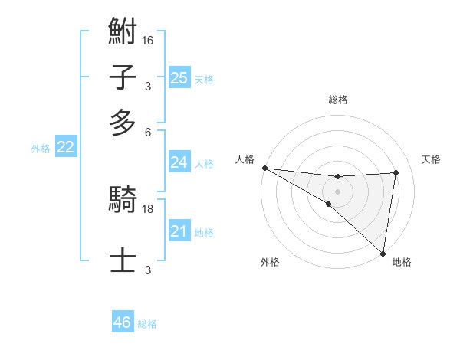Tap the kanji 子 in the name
pyautogui.click(x=123, y=79)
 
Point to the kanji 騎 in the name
pyautogui.click(x=123, y=201)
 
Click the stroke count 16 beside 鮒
pyautogui.click(x=148, y=40)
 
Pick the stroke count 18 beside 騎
pyautogui.click(x=148, y=208)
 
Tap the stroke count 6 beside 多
pyautogui.click(x=148, y=132)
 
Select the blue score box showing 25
pyautogui.click(x=179, y=77)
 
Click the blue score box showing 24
pyautogui.click(x=179, y=162)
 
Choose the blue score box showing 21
pyautogui.click(x=179, y=231)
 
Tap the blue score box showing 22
pyautogui.click(x=65, y=147)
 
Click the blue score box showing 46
pyautogui.click(x=122, y=322)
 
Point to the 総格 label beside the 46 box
pyautogui.click(x=147, y=324)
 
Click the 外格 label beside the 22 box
pyautogui.click(x=40, y=149)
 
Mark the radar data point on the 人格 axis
pyautogui.click(x=264, y=168)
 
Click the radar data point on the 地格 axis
pyautogui.click(x=383, y=252)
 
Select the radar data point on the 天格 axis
pyautogui.click(x=396, y=172)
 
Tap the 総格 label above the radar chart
pyautogui.click(x=337, y=100)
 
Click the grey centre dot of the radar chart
pyautogui.click(x=337, y=190)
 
